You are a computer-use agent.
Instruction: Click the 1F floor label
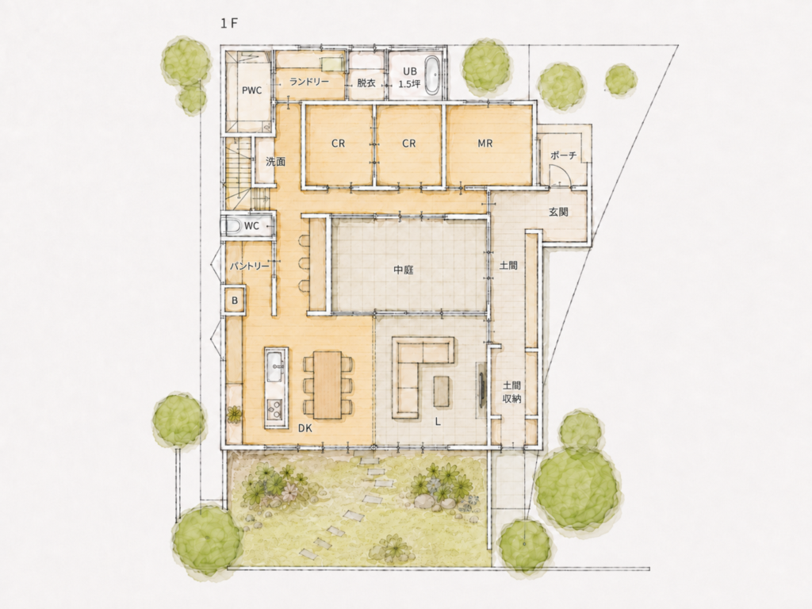pyautogui.click(x=228, y=24)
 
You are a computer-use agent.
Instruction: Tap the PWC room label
pyautogui.click(x=251, y=90)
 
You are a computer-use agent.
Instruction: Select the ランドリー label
pyautogui.click(x=309, y=82)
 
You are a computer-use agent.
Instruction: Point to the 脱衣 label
pyautogui.click(x=366, y=82)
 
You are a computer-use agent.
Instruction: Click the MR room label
pyautogui.click(x=485, y=144)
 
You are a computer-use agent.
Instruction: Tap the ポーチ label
pyautogui.click(x=564, y=155)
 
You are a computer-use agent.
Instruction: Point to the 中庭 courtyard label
pyautogui.click(x=404, y=270)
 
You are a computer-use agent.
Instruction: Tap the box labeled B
pyautogui.click(x=235, y=300)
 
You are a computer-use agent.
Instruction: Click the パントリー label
pyautogui.click(x=249, y=266)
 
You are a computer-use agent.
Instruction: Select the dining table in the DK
pyautogui.click(x=327, y=385)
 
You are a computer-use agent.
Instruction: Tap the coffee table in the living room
pyautogui.click(x=442, y=391)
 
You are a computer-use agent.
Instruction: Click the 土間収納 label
pyautogui.click(x=511, y=392)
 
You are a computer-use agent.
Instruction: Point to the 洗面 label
pyautogui.click(x=275, y=162)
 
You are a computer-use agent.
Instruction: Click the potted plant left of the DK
pyautogui.click(x=235, y=414)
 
